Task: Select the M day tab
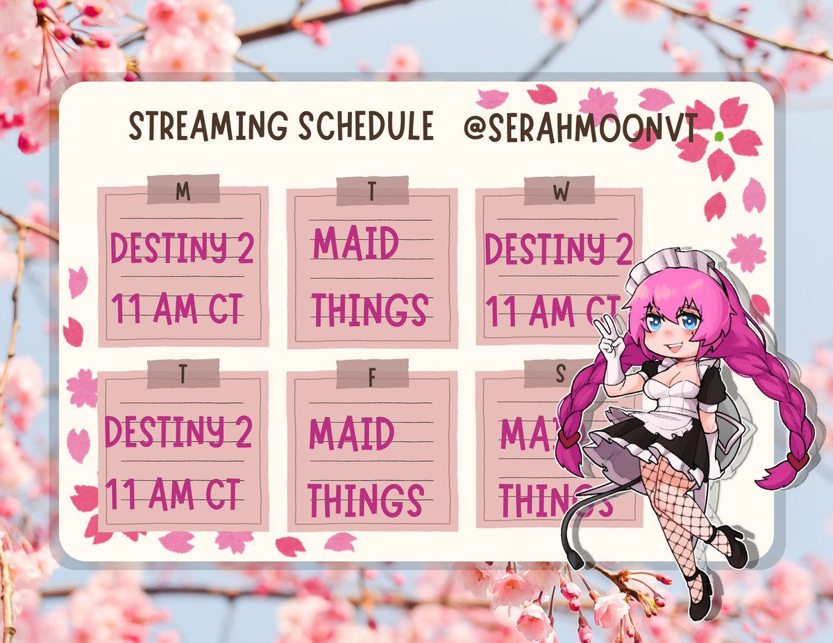tap(183, 191)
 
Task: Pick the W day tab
tap(559, 191)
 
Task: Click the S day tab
tap(559, 375)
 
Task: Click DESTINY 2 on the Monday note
tap(183, 248)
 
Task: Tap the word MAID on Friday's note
tap(351, 434)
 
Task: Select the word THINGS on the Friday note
tap(366, 499)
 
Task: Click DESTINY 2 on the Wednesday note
tap(558, 249)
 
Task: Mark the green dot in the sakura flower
tap(718, 136)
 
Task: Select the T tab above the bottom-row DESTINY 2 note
tap(183, 375)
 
